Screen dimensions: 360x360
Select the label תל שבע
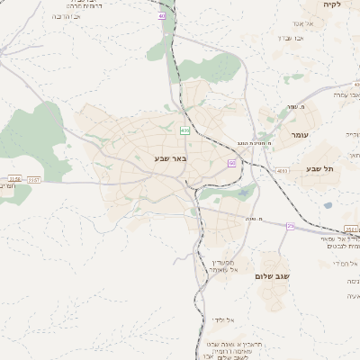click(319, 168)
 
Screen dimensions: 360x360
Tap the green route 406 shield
click(184, 130)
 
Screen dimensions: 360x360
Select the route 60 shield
click(232, 163)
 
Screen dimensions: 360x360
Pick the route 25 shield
click(290, 226)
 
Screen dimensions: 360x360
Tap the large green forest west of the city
click(40, 139)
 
